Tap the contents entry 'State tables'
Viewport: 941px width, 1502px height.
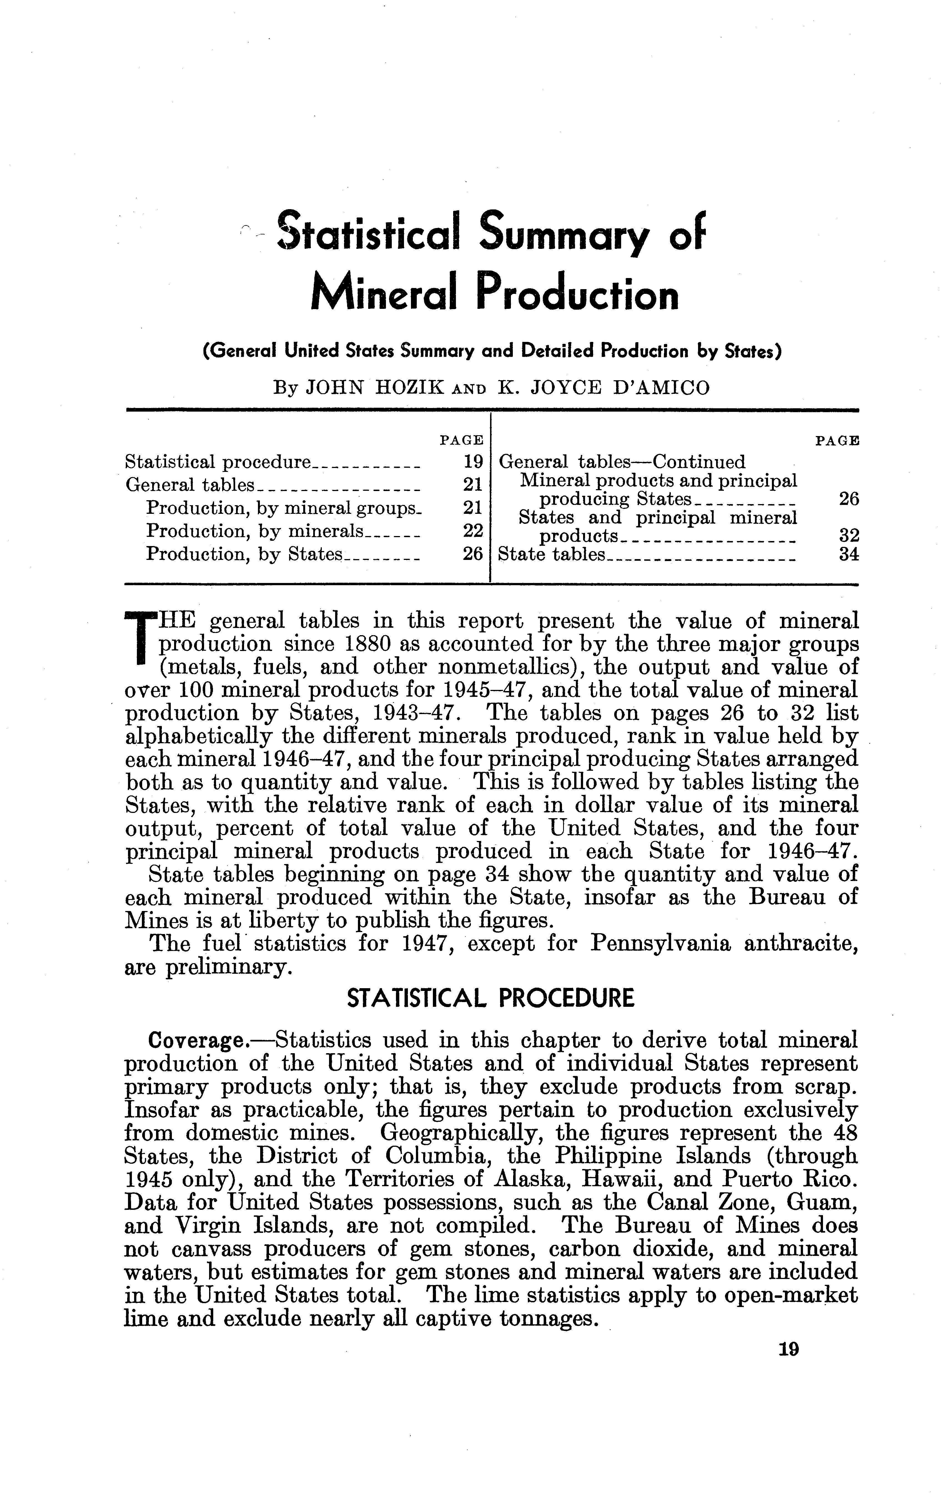coord(552,554)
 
